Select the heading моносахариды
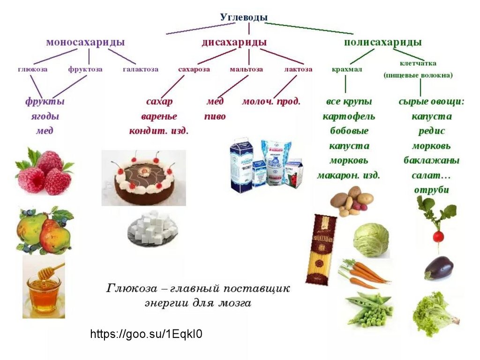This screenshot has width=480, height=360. (85, 42)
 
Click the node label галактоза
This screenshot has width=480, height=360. (141, 69)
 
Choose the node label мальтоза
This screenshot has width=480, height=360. (246, 69)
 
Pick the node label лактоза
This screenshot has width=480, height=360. (298, 69)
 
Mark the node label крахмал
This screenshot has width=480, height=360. (347, 69)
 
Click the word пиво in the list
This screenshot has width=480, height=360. (215, 116)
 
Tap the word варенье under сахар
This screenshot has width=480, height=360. (159, 116)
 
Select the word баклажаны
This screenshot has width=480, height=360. (431, 160)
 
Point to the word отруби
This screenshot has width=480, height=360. (431, 190)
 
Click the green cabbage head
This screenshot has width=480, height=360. (371, 240)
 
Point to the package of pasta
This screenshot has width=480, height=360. (321, 248)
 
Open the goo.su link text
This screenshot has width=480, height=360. (146, 334)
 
